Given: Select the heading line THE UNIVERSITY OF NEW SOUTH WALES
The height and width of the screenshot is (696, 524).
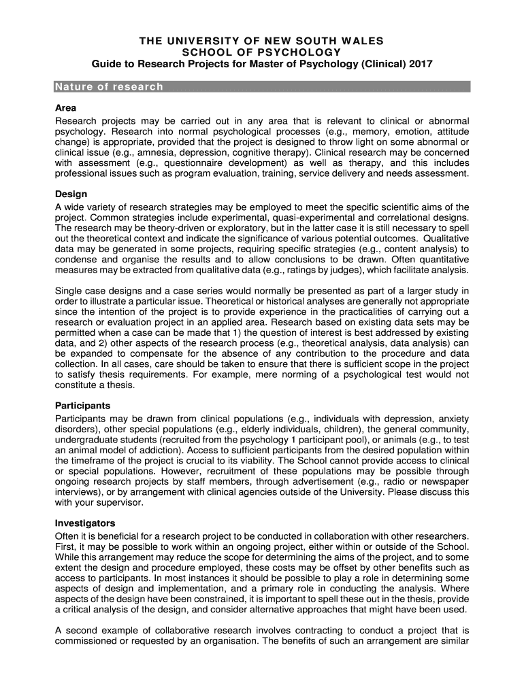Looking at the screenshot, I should pos(262,41).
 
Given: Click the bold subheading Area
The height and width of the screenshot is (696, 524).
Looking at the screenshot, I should pos(65,108).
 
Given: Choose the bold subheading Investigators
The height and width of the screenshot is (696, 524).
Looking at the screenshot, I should pos(85,523).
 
